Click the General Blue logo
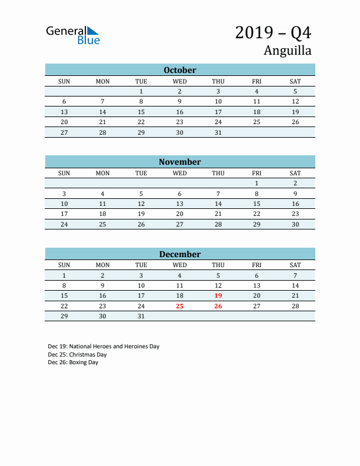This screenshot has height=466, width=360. pos(73,35)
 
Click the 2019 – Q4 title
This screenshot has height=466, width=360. pos(273,32)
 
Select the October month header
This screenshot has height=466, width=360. pos(180,70)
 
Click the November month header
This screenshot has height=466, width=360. pos(180,162)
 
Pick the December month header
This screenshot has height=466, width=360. pos(180,254)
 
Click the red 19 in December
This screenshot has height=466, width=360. pos(218,295)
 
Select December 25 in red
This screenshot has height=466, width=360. pos(180,306)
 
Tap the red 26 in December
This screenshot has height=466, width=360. pos(218,306)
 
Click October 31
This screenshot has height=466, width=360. pos(218,132)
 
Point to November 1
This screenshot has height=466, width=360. pos(256,183)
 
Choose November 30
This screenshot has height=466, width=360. pos(295,224)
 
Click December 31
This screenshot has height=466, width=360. pos(141,316)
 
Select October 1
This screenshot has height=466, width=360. pos(141,91)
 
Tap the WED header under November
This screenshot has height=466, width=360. pos(180,173)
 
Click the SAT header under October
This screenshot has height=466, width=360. pos(295,81)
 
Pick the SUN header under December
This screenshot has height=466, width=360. pos(64,265)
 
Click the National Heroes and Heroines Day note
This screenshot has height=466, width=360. pos(104,347)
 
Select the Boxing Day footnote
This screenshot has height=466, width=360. pos(73,362)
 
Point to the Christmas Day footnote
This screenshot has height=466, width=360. pos(77,355)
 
